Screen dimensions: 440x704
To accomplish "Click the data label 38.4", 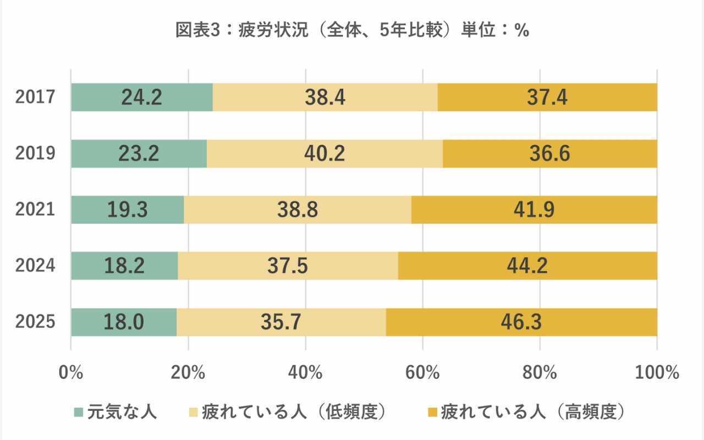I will click(324, 97).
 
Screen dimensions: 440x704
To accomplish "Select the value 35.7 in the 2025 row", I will click(280, 322).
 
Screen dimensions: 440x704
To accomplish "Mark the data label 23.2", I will click(139, 153).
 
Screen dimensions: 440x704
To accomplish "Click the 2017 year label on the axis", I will click(35, 97).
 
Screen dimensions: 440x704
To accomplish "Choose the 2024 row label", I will click(35, 266).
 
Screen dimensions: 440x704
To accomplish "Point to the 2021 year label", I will click(35, 210).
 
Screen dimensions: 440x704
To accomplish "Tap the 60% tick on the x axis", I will click(422, 372).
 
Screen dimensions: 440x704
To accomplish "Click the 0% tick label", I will click(71, 372).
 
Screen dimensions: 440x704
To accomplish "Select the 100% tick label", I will click(657, 372).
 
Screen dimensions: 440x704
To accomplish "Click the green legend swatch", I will click(78, 412).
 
